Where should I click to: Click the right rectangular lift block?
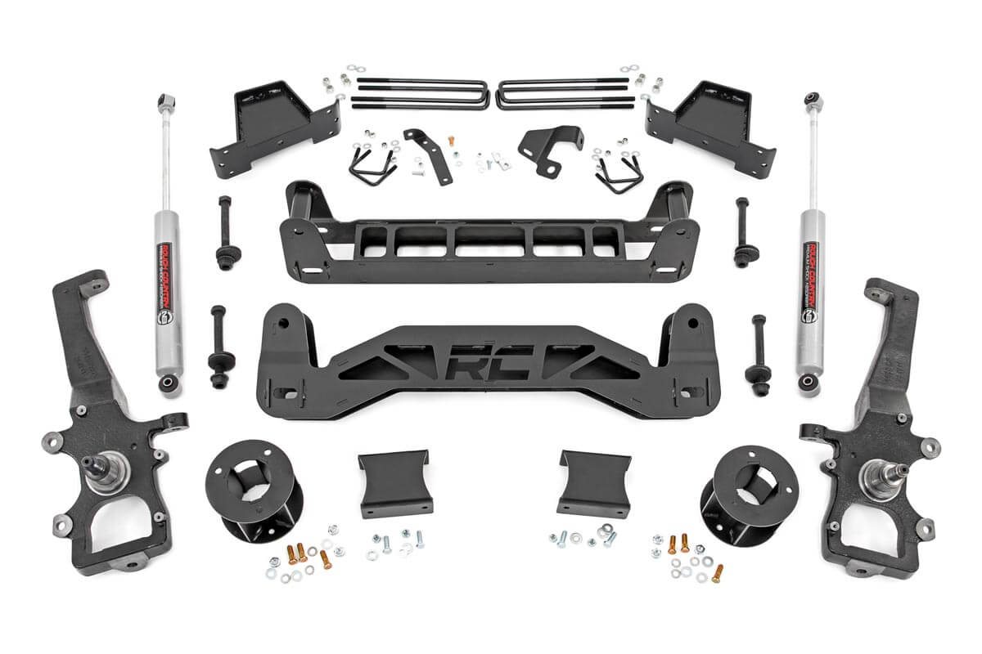click(593, 483)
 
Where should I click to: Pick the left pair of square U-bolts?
click(421, 92)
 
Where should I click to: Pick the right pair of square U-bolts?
click(565, 92)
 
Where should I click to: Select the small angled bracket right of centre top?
click(547, 147)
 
